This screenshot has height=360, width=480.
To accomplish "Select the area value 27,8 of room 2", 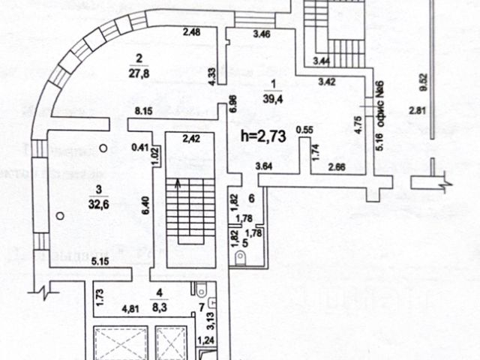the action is coord(136,73).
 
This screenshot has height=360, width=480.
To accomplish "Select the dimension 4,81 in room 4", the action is coord(130,307).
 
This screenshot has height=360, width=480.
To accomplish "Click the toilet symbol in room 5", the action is coord(241,259).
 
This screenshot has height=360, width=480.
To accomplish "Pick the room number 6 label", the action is coord(251,197).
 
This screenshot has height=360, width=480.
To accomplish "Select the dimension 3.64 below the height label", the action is coord(263,166).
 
